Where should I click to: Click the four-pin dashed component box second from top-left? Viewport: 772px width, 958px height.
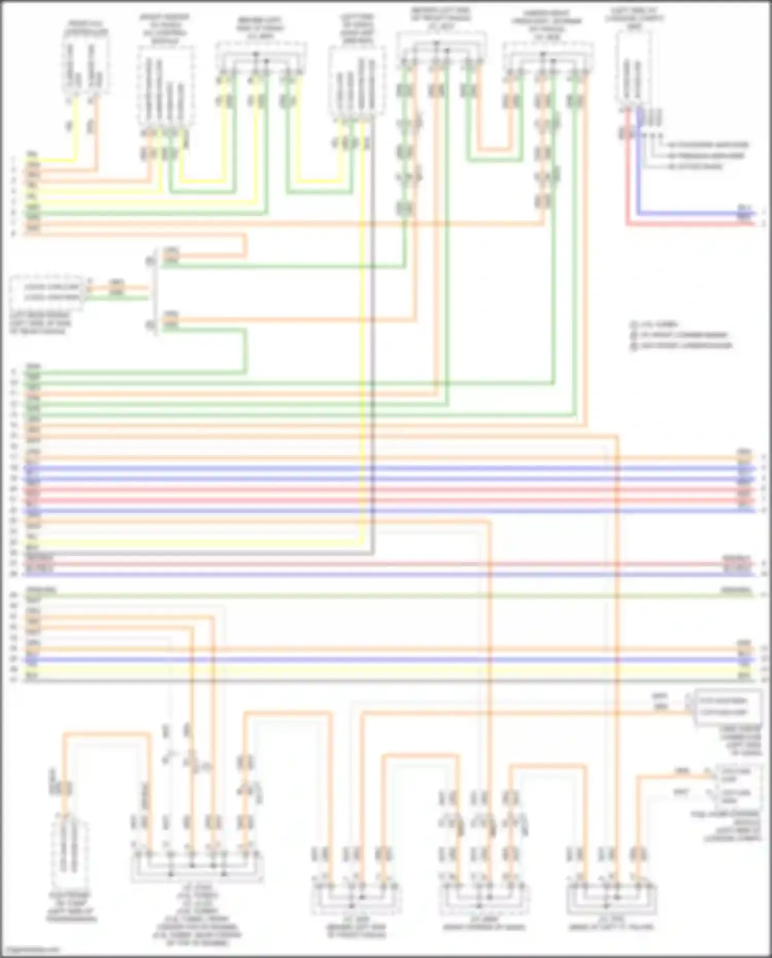click(x=166, y=85)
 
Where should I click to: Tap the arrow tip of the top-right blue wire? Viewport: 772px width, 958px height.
click(x=755, y=212)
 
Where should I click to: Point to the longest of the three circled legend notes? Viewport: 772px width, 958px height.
click(x=682, y=345)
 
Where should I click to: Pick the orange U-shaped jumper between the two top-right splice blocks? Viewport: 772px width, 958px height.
click(x=495, y=147)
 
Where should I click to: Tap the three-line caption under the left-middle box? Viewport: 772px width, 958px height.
click(x=40, y=323)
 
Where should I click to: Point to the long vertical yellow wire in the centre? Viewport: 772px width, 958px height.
click(x=363, y=335)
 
